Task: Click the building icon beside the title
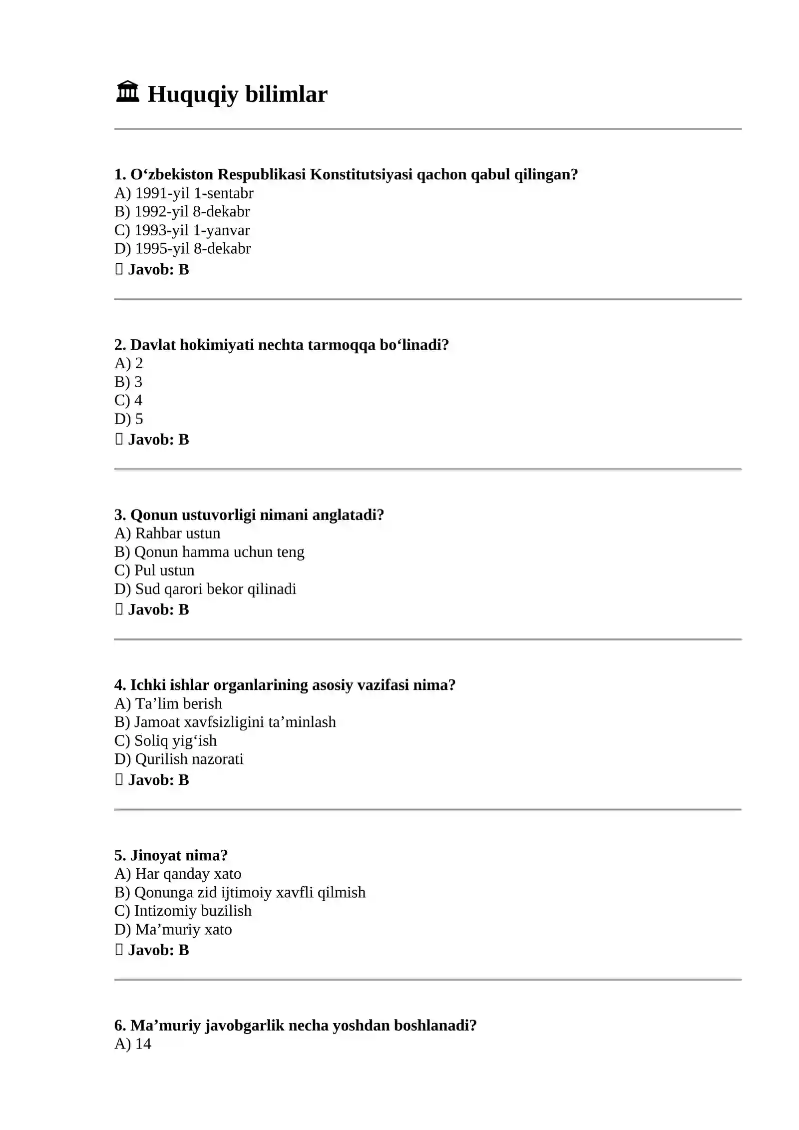[x=127, y=92]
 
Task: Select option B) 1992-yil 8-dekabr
[x=182, y=212]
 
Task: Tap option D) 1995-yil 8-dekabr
[x=182, y=249]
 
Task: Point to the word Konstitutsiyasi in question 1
[x=361, y=175]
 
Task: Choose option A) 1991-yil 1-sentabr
[x=184, y=193]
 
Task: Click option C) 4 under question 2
[x=128, y=401]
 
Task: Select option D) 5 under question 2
[x=128, y=419]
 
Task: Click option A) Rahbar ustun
[x=167, y=534]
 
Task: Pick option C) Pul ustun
[x=154, y=570]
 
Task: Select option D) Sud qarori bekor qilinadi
[x=205, y=589]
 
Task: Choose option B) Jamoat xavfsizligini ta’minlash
[x=225, y=722]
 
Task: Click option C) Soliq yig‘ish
[x=165, y=741]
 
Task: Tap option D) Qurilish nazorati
[x=179, y=759]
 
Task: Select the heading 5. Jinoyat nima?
[x=171, y=856]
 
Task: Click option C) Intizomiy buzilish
[x=183, y=911]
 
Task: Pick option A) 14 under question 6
[x=132, y=1044]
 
